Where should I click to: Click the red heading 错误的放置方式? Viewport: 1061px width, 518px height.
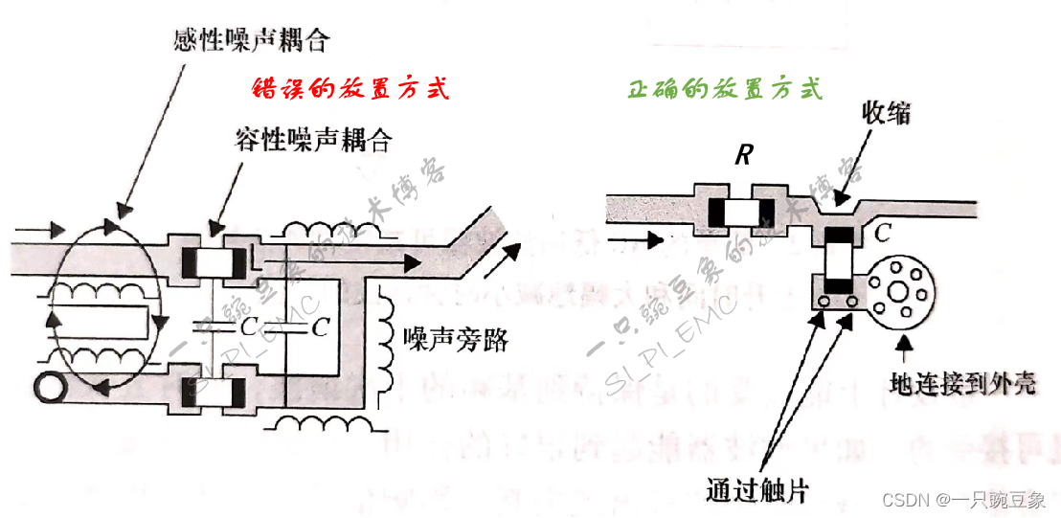coord(350,89)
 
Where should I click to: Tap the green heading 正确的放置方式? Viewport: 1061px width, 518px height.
coord(725,89)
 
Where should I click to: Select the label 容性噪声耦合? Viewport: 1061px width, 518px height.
coord(313,141)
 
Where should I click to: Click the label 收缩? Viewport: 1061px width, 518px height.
coord(886,113)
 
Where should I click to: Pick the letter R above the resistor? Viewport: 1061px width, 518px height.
coord(742,155)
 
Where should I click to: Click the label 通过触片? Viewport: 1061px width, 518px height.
coord(756,491)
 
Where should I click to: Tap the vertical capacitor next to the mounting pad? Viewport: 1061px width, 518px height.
coord(840,261)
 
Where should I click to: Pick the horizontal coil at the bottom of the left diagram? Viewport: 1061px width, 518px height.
coord(315,422)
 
